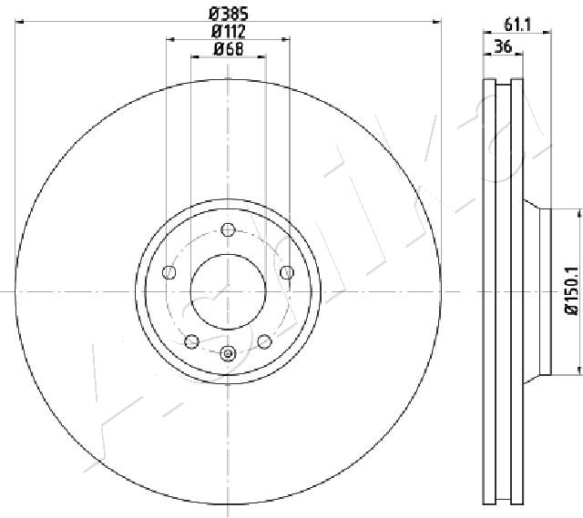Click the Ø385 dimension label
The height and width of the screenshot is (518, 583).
(229, 15)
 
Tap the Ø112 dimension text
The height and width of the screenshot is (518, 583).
(229, 31)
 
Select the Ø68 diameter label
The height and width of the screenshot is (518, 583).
(229, 49)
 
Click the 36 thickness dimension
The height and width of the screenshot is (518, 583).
(503, 47)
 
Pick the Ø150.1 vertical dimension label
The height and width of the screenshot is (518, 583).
(572, 291)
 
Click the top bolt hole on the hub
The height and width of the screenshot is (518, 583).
(228, 229)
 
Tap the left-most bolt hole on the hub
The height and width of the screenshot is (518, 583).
(169, 272)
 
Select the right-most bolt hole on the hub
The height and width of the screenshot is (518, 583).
(287, 272)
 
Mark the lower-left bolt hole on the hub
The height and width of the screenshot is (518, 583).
(191, 341)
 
